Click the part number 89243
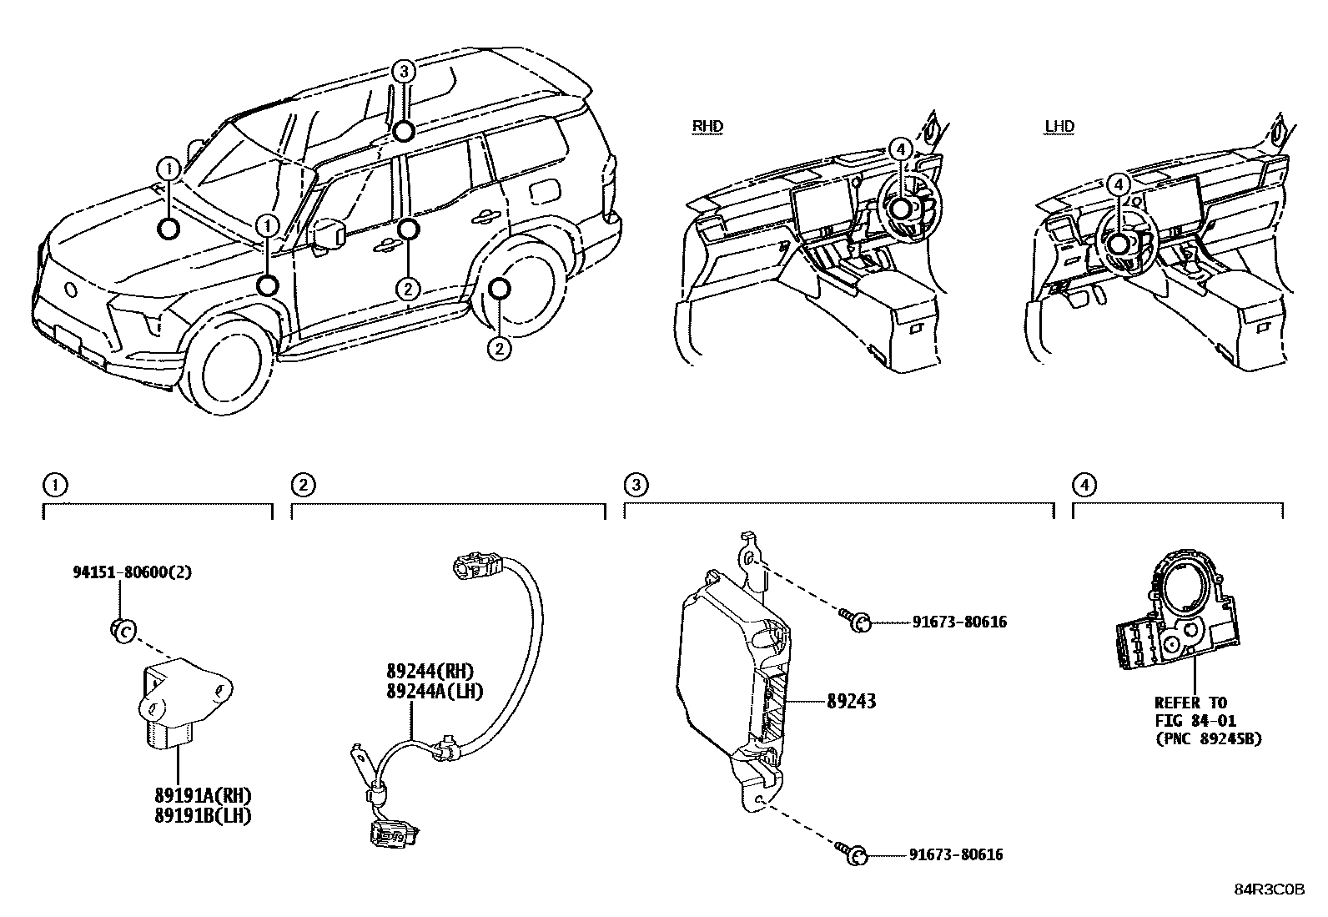[x=851, y=702]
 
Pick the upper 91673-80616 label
[x=958, y=622]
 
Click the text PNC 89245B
[x=1209, y=738]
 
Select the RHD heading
[x=708, y=127]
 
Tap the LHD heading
[x=1059, y=127]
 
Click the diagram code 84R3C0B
[x=1269, y=889]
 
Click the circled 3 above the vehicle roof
[x=404, y=71]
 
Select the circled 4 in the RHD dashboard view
[x=899, y=149]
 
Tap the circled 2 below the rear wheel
[x=499, y=348]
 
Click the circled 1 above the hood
[x=169, y=169]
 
